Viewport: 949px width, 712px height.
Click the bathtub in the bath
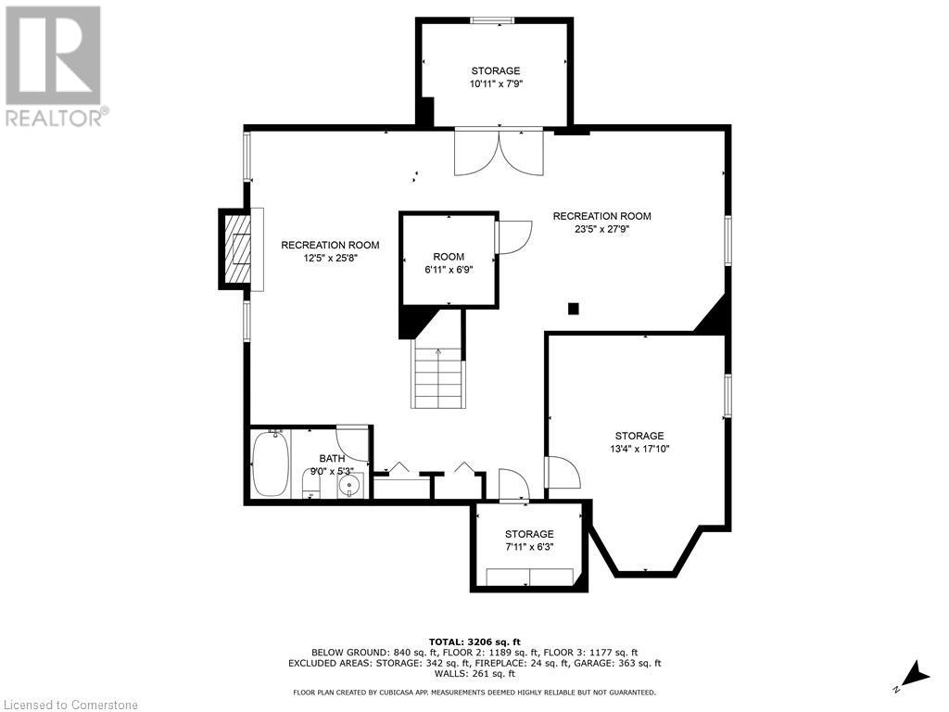coord(270,464)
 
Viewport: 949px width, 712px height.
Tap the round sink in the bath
coord(349,485)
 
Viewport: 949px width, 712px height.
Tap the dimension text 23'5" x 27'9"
coord(601,230)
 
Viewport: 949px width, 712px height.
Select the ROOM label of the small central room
coord(449,257)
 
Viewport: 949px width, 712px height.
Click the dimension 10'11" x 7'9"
coord(496,84)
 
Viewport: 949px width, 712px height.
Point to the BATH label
coord(332,459)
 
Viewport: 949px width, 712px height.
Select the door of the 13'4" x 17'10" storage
coord(563,472)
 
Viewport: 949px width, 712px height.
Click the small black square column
coord(573,309)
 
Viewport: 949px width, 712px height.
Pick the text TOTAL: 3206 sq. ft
coord(474,642)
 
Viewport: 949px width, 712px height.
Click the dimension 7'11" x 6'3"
coord(529,547)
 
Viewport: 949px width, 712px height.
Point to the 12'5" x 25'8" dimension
coord(330,258)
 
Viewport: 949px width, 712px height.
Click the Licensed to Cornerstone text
coord(70,705)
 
